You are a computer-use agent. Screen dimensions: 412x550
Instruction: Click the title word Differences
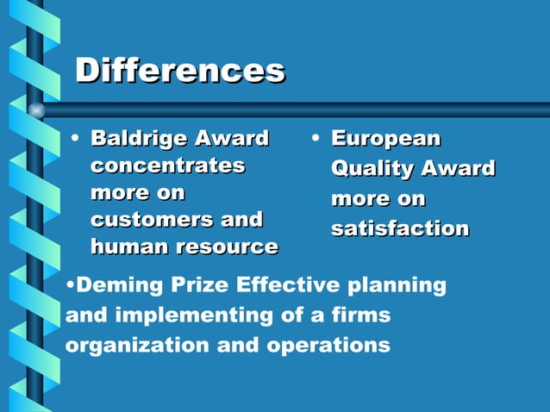tap(180, 71)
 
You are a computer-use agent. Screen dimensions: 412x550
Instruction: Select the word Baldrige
tap(139, 138)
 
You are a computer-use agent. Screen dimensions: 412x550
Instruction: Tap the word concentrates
tap(167, 165)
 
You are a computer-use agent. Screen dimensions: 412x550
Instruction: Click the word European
tap(385, 139)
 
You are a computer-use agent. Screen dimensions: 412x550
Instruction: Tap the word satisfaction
tap(400, 229)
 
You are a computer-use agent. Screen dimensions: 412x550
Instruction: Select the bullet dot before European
tap(316, 138)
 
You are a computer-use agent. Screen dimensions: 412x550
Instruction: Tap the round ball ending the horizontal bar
tap(36, 110)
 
